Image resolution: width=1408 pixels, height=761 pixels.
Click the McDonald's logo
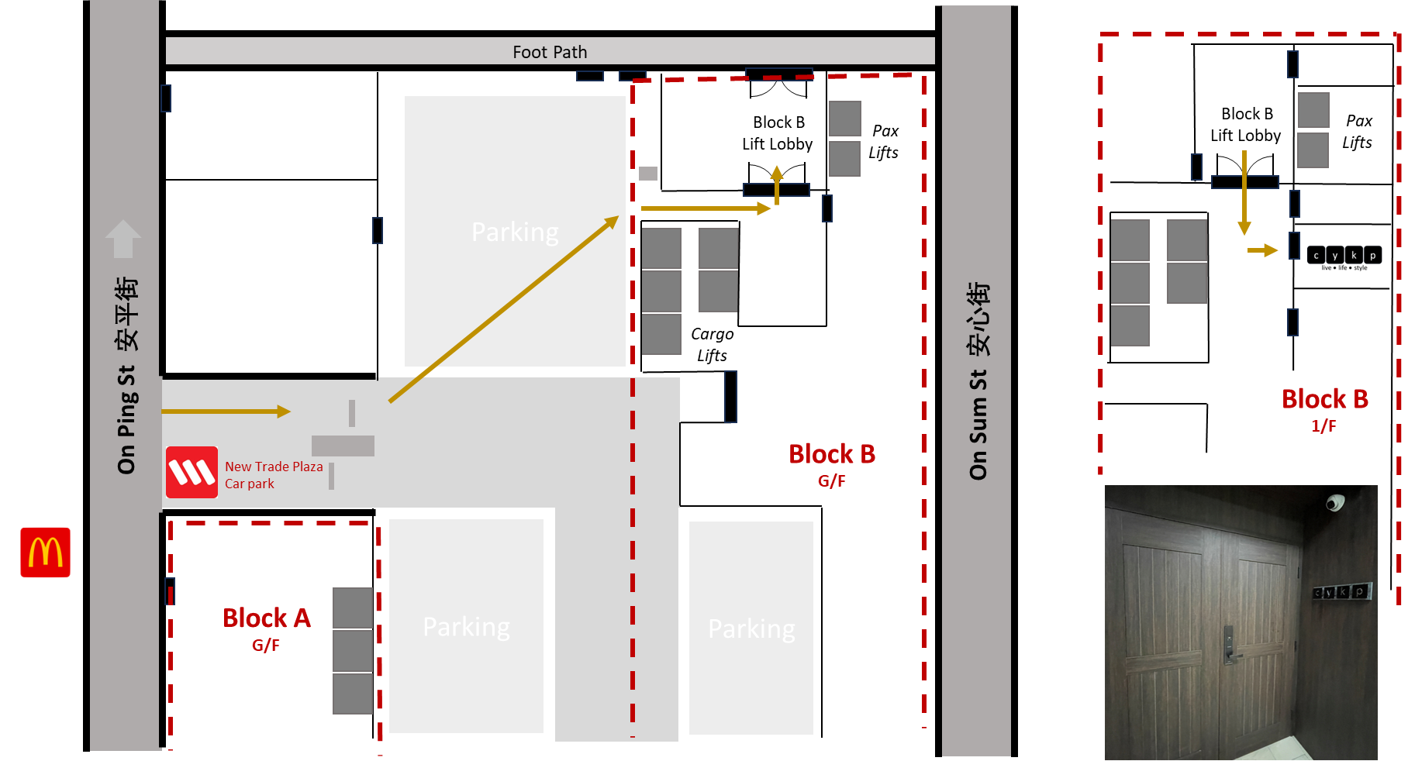pyautogui.click(x=45, y=553)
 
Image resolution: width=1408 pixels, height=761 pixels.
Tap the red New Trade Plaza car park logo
pyautogui.click(x=192, y=472)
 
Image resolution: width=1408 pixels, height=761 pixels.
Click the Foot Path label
pyautogui.click(x=550, y=52)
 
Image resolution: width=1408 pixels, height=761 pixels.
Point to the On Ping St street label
pyautogui.click(x=126, y=376)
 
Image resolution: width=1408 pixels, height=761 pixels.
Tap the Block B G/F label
pyautogui.click(x=831, y=463)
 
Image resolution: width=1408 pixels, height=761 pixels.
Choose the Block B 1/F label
pyautogui.click(x=1324, y=409)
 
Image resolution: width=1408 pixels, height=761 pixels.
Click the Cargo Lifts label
pyautogui.click(x=712, y=344)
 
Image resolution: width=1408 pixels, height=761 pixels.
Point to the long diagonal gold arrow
pyautogui.click(x=504, y=309)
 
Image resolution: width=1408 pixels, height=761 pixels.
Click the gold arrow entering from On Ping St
pyautogui.click(x=226, y=411)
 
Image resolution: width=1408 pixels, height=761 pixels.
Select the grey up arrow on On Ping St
pyautogui.click(x=123, y=239)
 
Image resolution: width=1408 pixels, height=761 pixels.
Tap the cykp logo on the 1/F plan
pyautogui.click(x=1344, y=257)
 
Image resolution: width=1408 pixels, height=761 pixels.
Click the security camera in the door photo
pyautogui.click(x=1334, y=503)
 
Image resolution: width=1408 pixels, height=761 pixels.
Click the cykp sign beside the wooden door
pyautogui.click(x=1342, y=592)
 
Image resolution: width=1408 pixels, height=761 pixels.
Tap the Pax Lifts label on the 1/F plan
pyautogui.click(x=1358, y=131)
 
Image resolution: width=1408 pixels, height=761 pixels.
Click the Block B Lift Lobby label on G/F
pyautogui.click(x=778, y=133)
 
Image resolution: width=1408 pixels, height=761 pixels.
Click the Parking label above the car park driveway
pyautogui.click(x=515, y=232)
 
